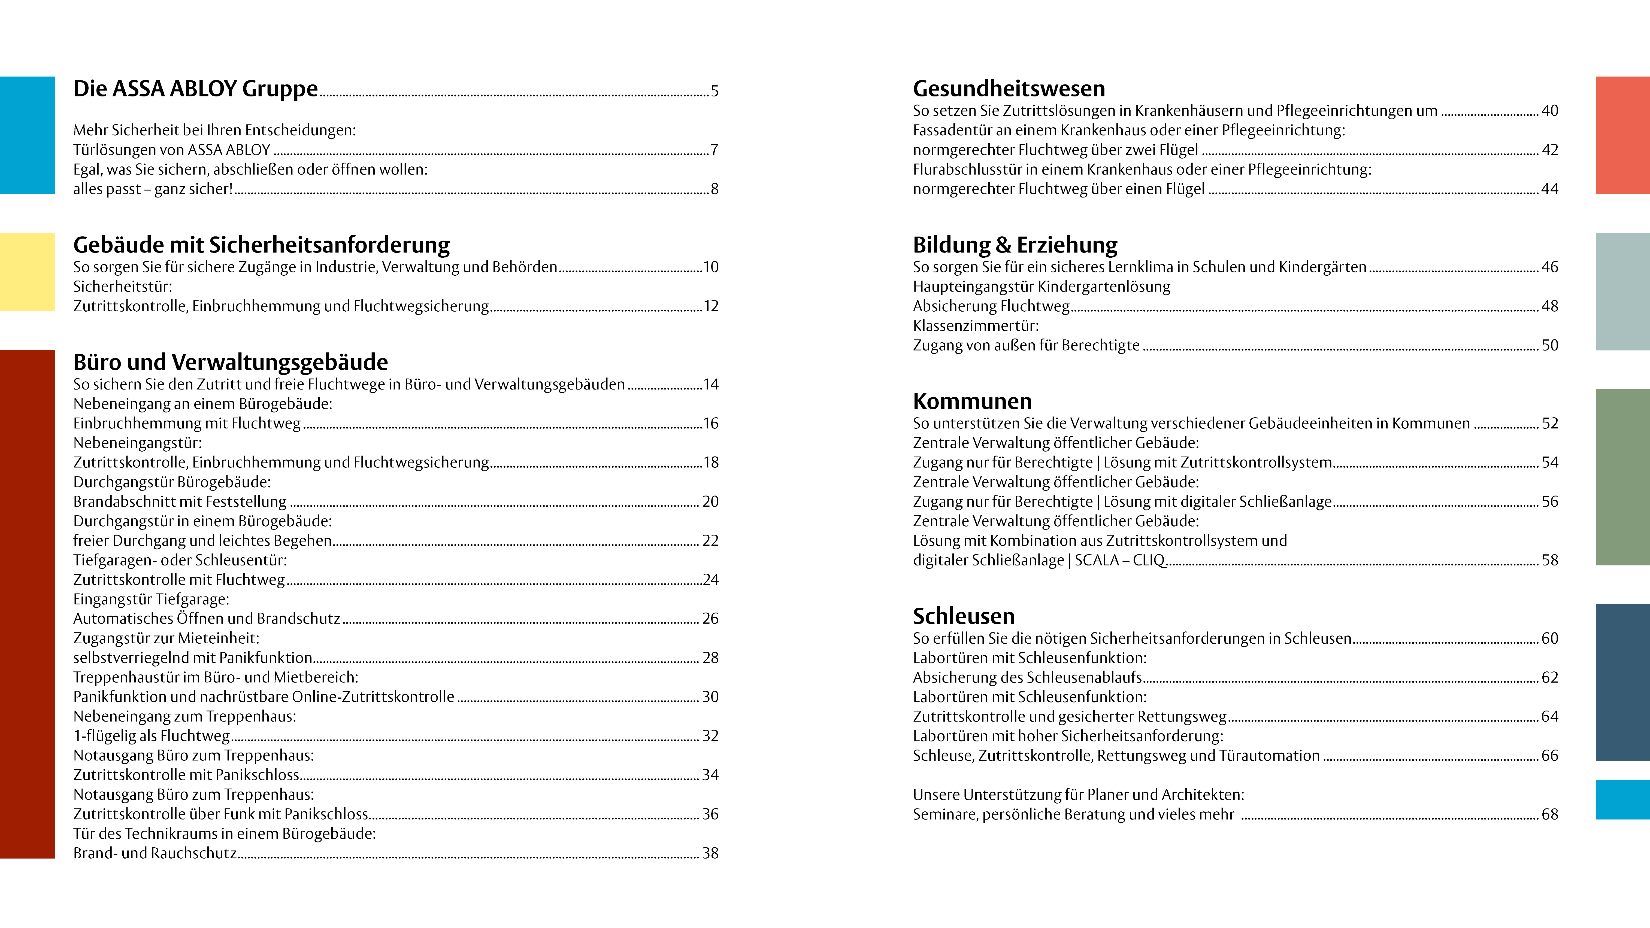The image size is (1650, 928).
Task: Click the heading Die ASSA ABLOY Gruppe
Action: [195, 88]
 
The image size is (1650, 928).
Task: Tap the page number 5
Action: [714, 91]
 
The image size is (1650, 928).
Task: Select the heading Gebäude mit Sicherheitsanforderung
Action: [261, 245]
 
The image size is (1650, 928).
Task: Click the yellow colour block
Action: [27, 272]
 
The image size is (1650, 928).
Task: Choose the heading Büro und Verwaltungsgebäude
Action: [231, 362]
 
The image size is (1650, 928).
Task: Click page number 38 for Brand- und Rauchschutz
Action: [710, 853]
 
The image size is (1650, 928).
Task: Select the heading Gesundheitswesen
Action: [1009, 88]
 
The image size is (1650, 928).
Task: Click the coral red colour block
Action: [1622, 135]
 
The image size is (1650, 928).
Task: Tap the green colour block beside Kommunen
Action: [1622, 477]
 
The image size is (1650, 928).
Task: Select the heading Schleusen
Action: [963, 616]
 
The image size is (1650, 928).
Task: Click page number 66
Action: [1549, 756]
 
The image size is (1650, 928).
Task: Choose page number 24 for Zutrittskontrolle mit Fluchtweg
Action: [710, 580]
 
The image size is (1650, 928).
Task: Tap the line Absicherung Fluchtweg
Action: [991, 306]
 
